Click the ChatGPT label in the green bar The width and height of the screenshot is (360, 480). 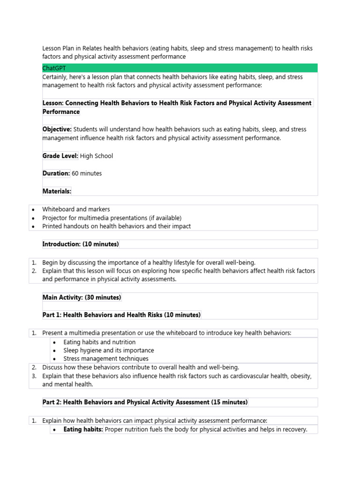coord(54,68)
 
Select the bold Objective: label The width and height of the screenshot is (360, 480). coord(57,129)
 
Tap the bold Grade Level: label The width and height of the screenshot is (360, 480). coord(60,156)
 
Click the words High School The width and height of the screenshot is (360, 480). coord(97,156)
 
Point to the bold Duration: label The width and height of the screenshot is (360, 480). coord(56,173)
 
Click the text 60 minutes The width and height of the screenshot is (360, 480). coord(87,173)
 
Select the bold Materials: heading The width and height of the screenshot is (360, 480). coord(57,191)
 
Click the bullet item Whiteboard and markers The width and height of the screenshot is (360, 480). coord(76,210)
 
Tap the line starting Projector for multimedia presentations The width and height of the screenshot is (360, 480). coord(112,218)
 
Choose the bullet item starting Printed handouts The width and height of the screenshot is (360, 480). coord(116,226)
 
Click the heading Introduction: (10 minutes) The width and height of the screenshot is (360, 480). coord(81,244)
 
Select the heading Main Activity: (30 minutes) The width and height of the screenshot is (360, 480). coord(82,298)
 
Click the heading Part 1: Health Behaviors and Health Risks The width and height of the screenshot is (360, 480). coord(121,315)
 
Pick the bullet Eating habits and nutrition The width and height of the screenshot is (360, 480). coord(99,342)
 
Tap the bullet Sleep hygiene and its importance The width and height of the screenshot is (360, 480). coord(108,351)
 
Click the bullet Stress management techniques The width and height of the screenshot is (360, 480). coord(106,359)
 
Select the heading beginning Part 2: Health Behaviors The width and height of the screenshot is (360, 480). coord(145,402)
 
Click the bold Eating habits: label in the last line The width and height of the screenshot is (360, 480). coord(83,429)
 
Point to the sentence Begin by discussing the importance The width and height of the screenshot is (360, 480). coord(149,262)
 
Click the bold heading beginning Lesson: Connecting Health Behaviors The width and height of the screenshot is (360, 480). coord(177,103)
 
